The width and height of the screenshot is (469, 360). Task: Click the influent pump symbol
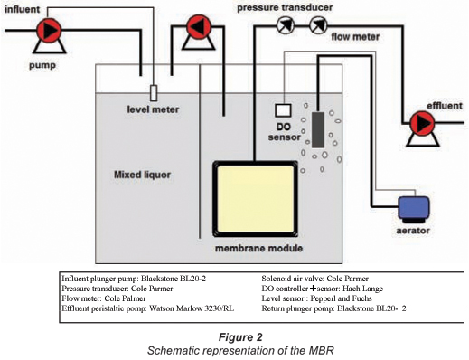click(x=49, y=34)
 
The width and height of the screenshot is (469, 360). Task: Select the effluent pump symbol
click(x=422, y=128)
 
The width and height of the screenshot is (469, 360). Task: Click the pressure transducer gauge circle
click(x=285, y=25)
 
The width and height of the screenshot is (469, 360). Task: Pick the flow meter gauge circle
click(x=318, y=25)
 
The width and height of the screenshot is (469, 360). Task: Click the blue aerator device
click(x=414, y=210)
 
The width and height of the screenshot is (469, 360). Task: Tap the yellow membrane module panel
click(x=256, y=199)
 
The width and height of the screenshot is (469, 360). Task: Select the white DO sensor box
click(x=283, y=110)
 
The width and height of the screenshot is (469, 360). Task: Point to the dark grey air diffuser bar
click(x=318, y=130)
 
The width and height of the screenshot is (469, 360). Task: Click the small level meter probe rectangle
click(x=154, y=93)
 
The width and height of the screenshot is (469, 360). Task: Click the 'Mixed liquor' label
click(x=142, y=175)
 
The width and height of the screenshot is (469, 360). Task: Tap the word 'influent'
click(x=22, y=9)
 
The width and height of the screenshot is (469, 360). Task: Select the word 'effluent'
click(x=445, y=106)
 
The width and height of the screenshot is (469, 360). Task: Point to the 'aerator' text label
click(x=413, y=231)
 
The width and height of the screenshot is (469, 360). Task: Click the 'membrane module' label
click(x=258, y=249)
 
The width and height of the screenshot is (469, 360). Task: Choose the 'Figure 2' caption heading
click(x=240, y=337)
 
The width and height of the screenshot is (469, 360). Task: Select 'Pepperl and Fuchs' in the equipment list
click(x=341, y=298)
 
